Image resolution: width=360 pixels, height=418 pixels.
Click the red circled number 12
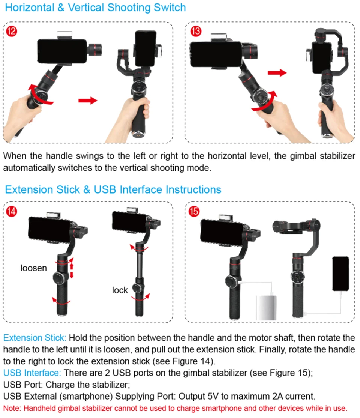[12, 31]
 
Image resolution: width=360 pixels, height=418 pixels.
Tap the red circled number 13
[196, 31]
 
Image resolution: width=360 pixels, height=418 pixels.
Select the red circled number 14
[12, 211]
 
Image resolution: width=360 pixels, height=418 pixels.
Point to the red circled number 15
[194, 211]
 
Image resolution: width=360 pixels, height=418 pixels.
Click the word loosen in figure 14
[34, 268]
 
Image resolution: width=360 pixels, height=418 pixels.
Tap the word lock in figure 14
[120, 290]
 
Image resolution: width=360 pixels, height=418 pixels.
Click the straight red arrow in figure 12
[88, 101]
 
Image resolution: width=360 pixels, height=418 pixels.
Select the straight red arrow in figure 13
[277, 73]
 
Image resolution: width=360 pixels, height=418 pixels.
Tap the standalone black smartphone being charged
[340, 274]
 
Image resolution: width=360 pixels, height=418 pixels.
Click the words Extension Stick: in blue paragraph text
[34, 338]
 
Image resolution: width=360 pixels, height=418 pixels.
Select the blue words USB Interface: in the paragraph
[32, 373]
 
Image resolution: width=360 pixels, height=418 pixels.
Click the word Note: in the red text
[12, 408]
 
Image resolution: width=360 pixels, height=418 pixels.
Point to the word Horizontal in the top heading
[30, 8]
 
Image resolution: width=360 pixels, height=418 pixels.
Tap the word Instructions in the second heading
[193, 189]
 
